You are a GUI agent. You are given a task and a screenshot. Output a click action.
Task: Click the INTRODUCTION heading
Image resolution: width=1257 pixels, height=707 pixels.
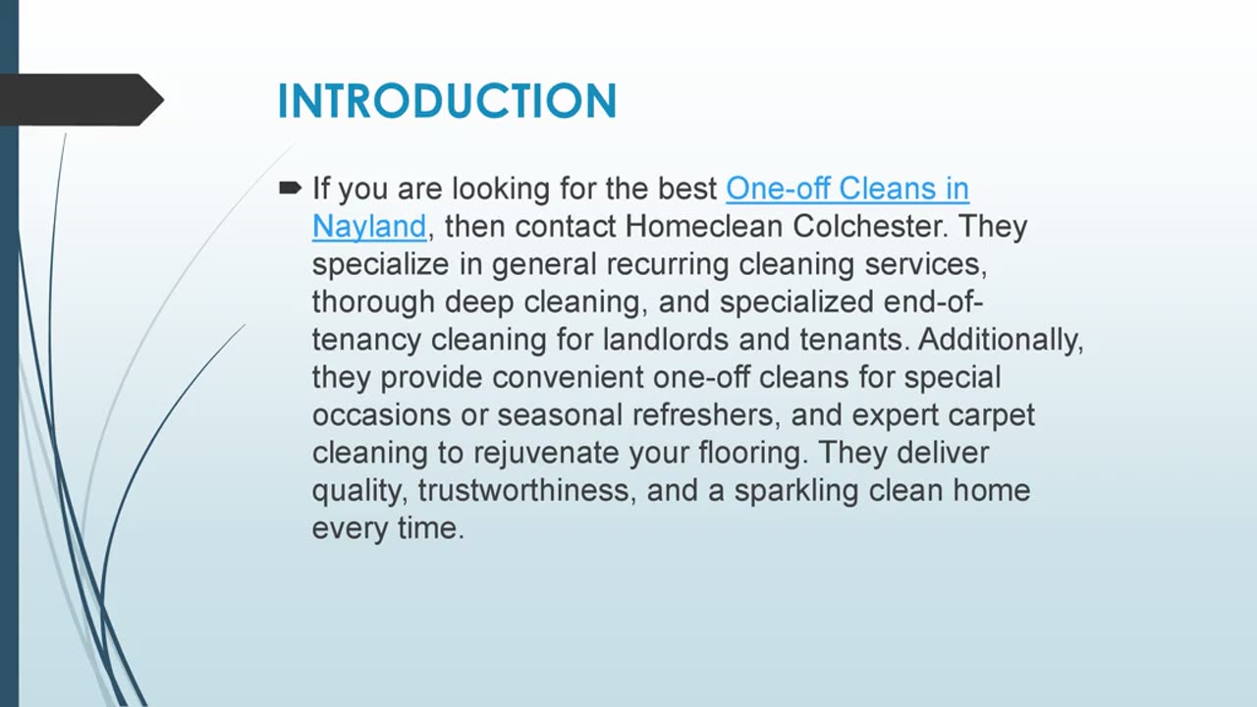pos(447,101)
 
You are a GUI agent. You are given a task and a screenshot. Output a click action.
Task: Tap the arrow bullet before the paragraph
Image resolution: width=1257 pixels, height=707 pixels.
pos(290,187)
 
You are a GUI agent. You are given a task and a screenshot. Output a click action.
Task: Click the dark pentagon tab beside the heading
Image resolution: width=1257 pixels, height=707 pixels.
pos(79,99)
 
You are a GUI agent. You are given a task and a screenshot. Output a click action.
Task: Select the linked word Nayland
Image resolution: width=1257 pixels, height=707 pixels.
pos(369,226)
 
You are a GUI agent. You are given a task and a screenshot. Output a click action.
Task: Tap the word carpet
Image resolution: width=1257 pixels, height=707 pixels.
pos(992,414)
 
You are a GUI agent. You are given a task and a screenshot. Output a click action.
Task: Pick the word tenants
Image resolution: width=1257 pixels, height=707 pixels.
pos(850,340)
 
